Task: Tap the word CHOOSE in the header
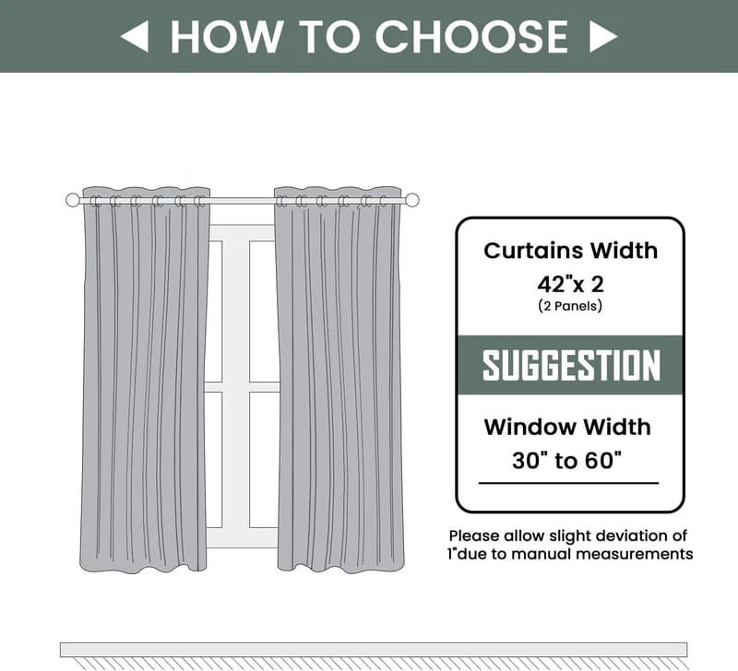click(x=470, y=36)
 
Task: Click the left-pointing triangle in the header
click(x=135, y=36)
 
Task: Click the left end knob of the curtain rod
click(x=73, y=200)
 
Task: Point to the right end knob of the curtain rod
click(x=412, y=200)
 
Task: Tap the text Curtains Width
click(x=570, y=250)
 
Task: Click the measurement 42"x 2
click(x=570, y=283)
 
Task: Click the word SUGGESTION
click(x=571, y=366)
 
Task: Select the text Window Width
click(x=567, y=427)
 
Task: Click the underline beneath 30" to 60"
click(x=568, y=482)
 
